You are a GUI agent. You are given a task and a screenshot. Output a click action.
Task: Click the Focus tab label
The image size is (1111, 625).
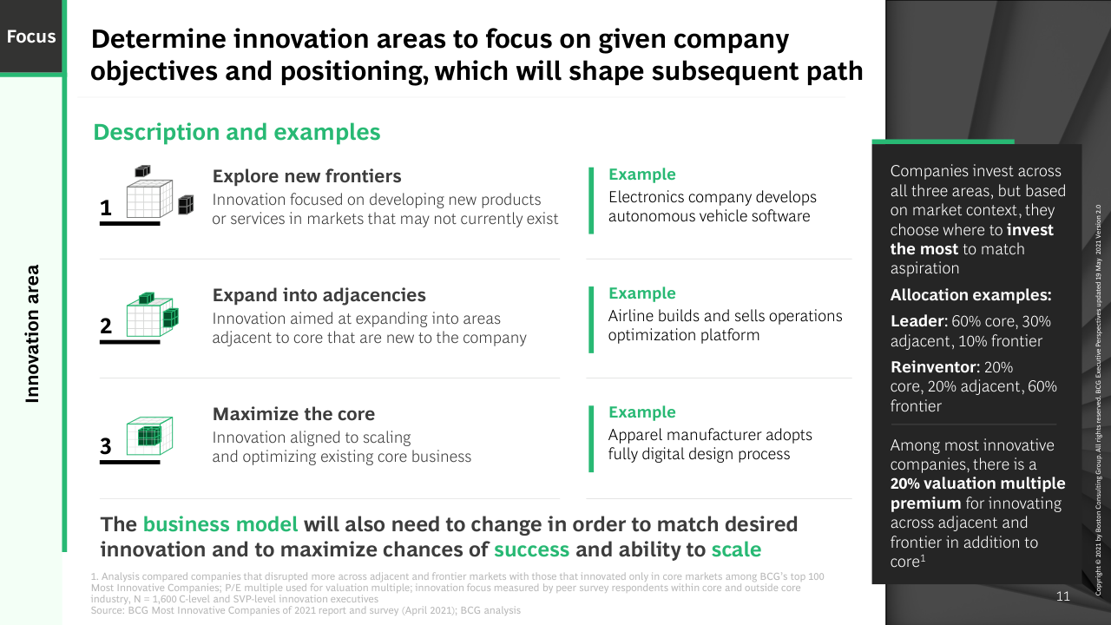click(x=31, y=36)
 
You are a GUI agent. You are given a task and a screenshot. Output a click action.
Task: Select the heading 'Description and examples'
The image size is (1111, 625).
click(x=237, y=133)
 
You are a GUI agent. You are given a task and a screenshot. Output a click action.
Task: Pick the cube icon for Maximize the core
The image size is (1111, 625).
click(x=149, y=436)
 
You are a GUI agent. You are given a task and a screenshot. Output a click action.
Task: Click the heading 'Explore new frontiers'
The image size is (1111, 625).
click(x=306, y=176)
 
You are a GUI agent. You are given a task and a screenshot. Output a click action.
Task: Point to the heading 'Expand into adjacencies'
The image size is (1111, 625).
click(x=319, y=295)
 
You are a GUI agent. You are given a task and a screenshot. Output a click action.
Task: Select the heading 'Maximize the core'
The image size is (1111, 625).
click(x=293, y=414)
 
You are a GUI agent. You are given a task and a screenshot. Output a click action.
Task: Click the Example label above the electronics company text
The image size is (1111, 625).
click(x=641, y=174)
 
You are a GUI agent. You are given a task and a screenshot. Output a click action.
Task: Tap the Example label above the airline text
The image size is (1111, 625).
click(x=641, y=293)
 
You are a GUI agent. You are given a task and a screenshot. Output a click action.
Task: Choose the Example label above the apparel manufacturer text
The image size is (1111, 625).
click(x=641, y=411)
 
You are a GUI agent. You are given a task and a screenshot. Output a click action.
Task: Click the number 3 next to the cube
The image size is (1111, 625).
click(x=106, y=446)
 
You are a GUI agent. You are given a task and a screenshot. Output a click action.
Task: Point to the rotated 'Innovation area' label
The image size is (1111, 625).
click(x=32, y=333)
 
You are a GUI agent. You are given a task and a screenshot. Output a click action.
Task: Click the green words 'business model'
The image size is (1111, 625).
click(x=220, y=524)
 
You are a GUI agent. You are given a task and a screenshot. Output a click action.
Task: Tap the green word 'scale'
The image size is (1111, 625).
click(x=736, y=549)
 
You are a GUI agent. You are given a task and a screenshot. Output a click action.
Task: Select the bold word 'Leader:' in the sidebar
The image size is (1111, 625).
click(x=918, y=321)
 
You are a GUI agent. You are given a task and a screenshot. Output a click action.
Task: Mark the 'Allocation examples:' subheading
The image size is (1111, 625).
click(x=970, y=295)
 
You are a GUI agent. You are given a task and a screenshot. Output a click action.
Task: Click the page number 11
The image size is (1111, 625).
click(x=1063, y=596)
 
